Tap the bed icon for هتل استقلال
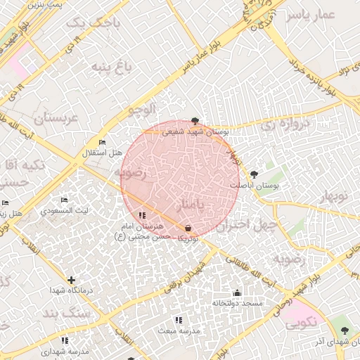(103, 143)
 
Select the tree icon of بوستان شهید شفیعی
(195, 121)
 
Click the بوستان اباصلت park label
(255, 184)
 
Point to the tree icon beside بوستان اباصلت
(254, 174)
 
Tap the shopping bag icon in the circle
(188, 229)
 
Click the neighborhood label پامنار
(190, 205)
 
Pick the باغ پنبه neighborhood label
(110, 67)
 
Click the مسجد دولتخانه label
(237, 303)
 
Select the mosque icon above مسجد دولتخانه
(237, 293)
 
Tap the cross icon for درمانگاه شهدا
(71, 280)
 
